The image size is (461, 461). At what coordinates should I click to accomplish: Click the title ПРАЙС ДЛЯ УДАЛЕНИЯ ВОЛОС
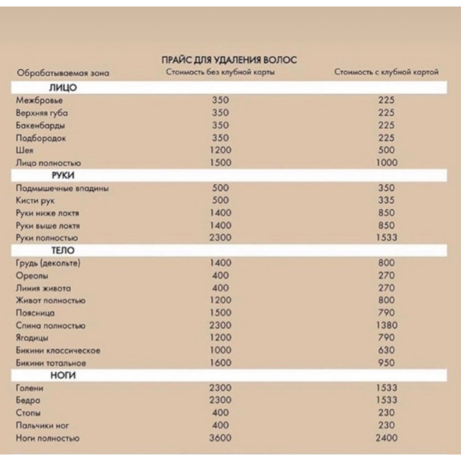(x=229, y=60)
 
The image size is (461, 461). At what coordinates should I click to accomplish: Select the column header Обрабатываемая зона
(x=63, y=73)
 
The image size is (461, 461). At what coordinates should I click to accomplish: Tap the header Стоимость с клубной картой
(x=386, y=72)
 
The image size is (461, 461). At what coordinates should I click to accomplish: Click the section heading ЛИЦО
(x=63, y=88)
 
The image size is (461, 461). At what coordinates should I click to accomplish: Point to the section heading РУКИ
(x=62, y=175)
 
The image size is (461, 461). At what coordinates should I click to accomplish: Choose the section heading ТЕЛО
(x=62, y=250)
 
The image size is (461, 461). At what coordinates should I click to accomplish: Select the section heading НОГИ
(x=62, y=375)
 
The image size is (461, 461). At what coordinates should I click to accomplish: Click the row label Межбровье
(x=39, y=100)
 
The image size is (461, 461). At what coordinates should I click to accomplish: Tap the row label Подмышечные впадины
(x=62, y=188)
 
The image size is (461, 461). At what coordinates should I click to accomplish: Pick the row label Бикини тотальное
(x=52, y=363)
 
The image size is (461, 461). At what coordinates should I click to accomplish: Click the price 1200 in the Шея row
(x=220, y=150)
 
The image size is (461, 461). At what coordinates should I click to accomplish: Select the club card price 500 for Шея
(x=387, y=150)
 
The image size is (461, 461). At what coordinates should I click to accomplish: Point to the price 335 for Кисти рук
(x=387, y=200)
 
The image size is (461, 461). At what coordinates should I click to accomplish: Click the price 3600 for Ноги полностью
(x=220, y=438)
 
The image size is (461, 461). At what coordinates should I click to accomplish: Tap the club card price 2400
(x=387, y=438)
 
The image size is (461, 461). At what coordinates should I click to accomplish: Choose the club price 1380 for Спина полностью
(x=387, y=325)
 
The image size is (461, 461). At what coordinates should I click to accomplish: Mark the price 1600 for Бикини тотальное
(x=220, y=363)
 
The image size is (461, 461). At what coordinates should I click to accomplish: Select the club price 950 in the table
(x=387, y=363)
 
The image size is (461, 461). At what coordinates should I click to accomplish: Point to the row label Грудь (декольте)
(x=48, y=263)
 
